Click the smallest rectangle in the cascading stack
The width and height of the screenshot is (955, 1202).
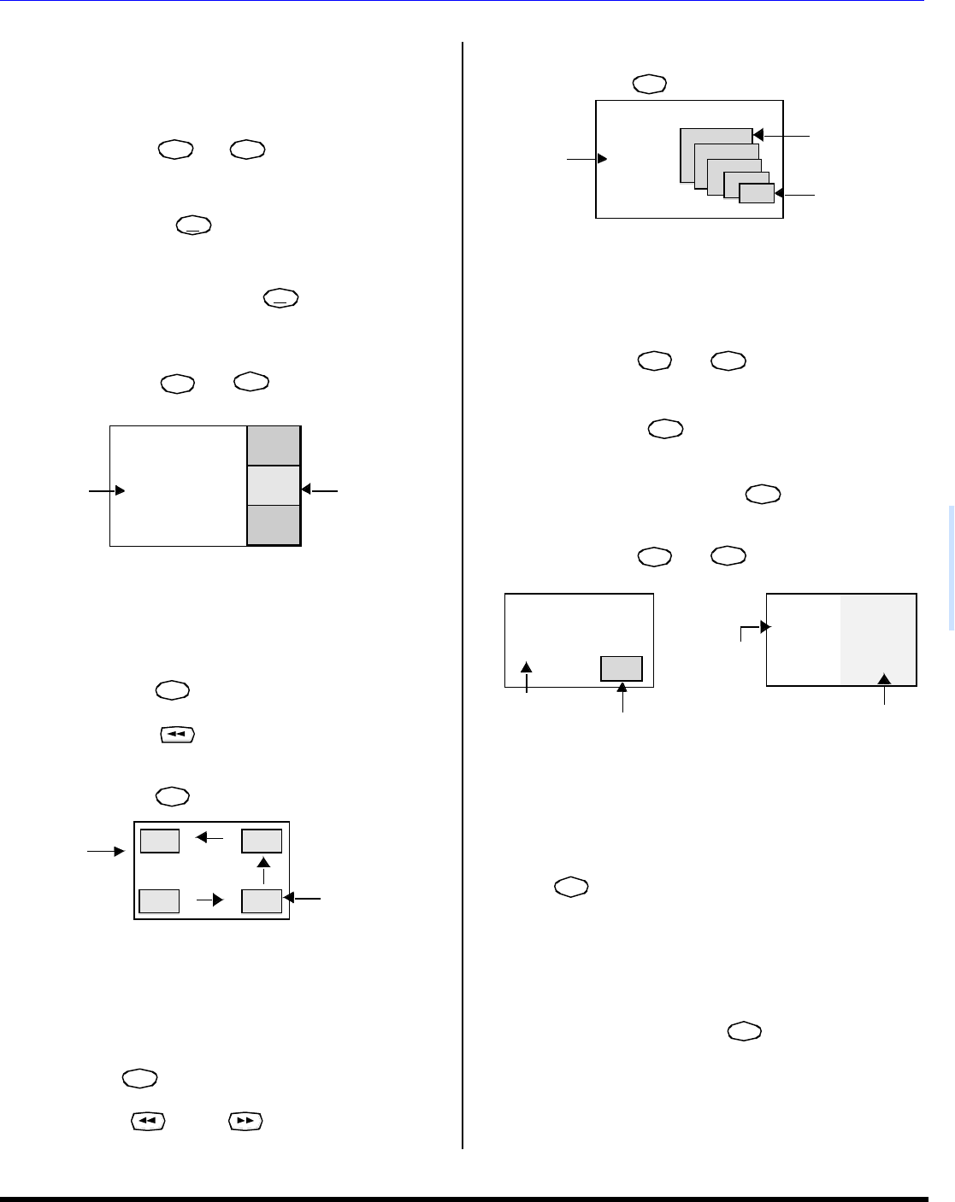tap(757, 194)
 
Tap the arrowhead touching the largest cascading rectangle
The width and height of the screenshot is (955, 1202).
tap(758, 135)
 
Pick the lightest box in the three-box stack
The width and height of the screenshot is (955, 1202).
tap(274, 485)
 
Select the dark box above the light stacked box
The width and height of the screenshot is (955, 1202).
tap(274, 445)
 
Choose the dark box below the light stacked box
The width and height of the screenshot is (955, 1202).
tap(274, 525)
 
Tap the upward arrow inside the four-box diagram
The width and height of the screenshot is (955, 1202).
tap(263, 863)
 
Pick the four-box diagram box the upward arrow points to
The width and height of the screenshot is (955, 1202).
tap(262, 841)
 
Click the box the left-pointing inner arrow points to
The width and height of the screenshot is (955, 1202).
tap(160, 841)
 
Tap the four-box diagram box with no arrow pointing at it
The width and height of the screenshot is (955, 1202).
tap(160, 901)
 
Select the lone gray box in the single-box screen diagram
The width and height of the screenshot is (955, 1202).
tap(622, 668)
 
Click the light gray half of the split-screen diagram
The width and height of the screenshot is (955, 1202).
tap(878, 640)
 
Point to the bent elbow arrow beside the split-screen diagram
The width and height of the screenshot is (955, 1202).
tap(752, 630)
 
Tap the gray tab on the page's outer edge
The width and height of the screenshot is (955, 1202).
tap(949, 568)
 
